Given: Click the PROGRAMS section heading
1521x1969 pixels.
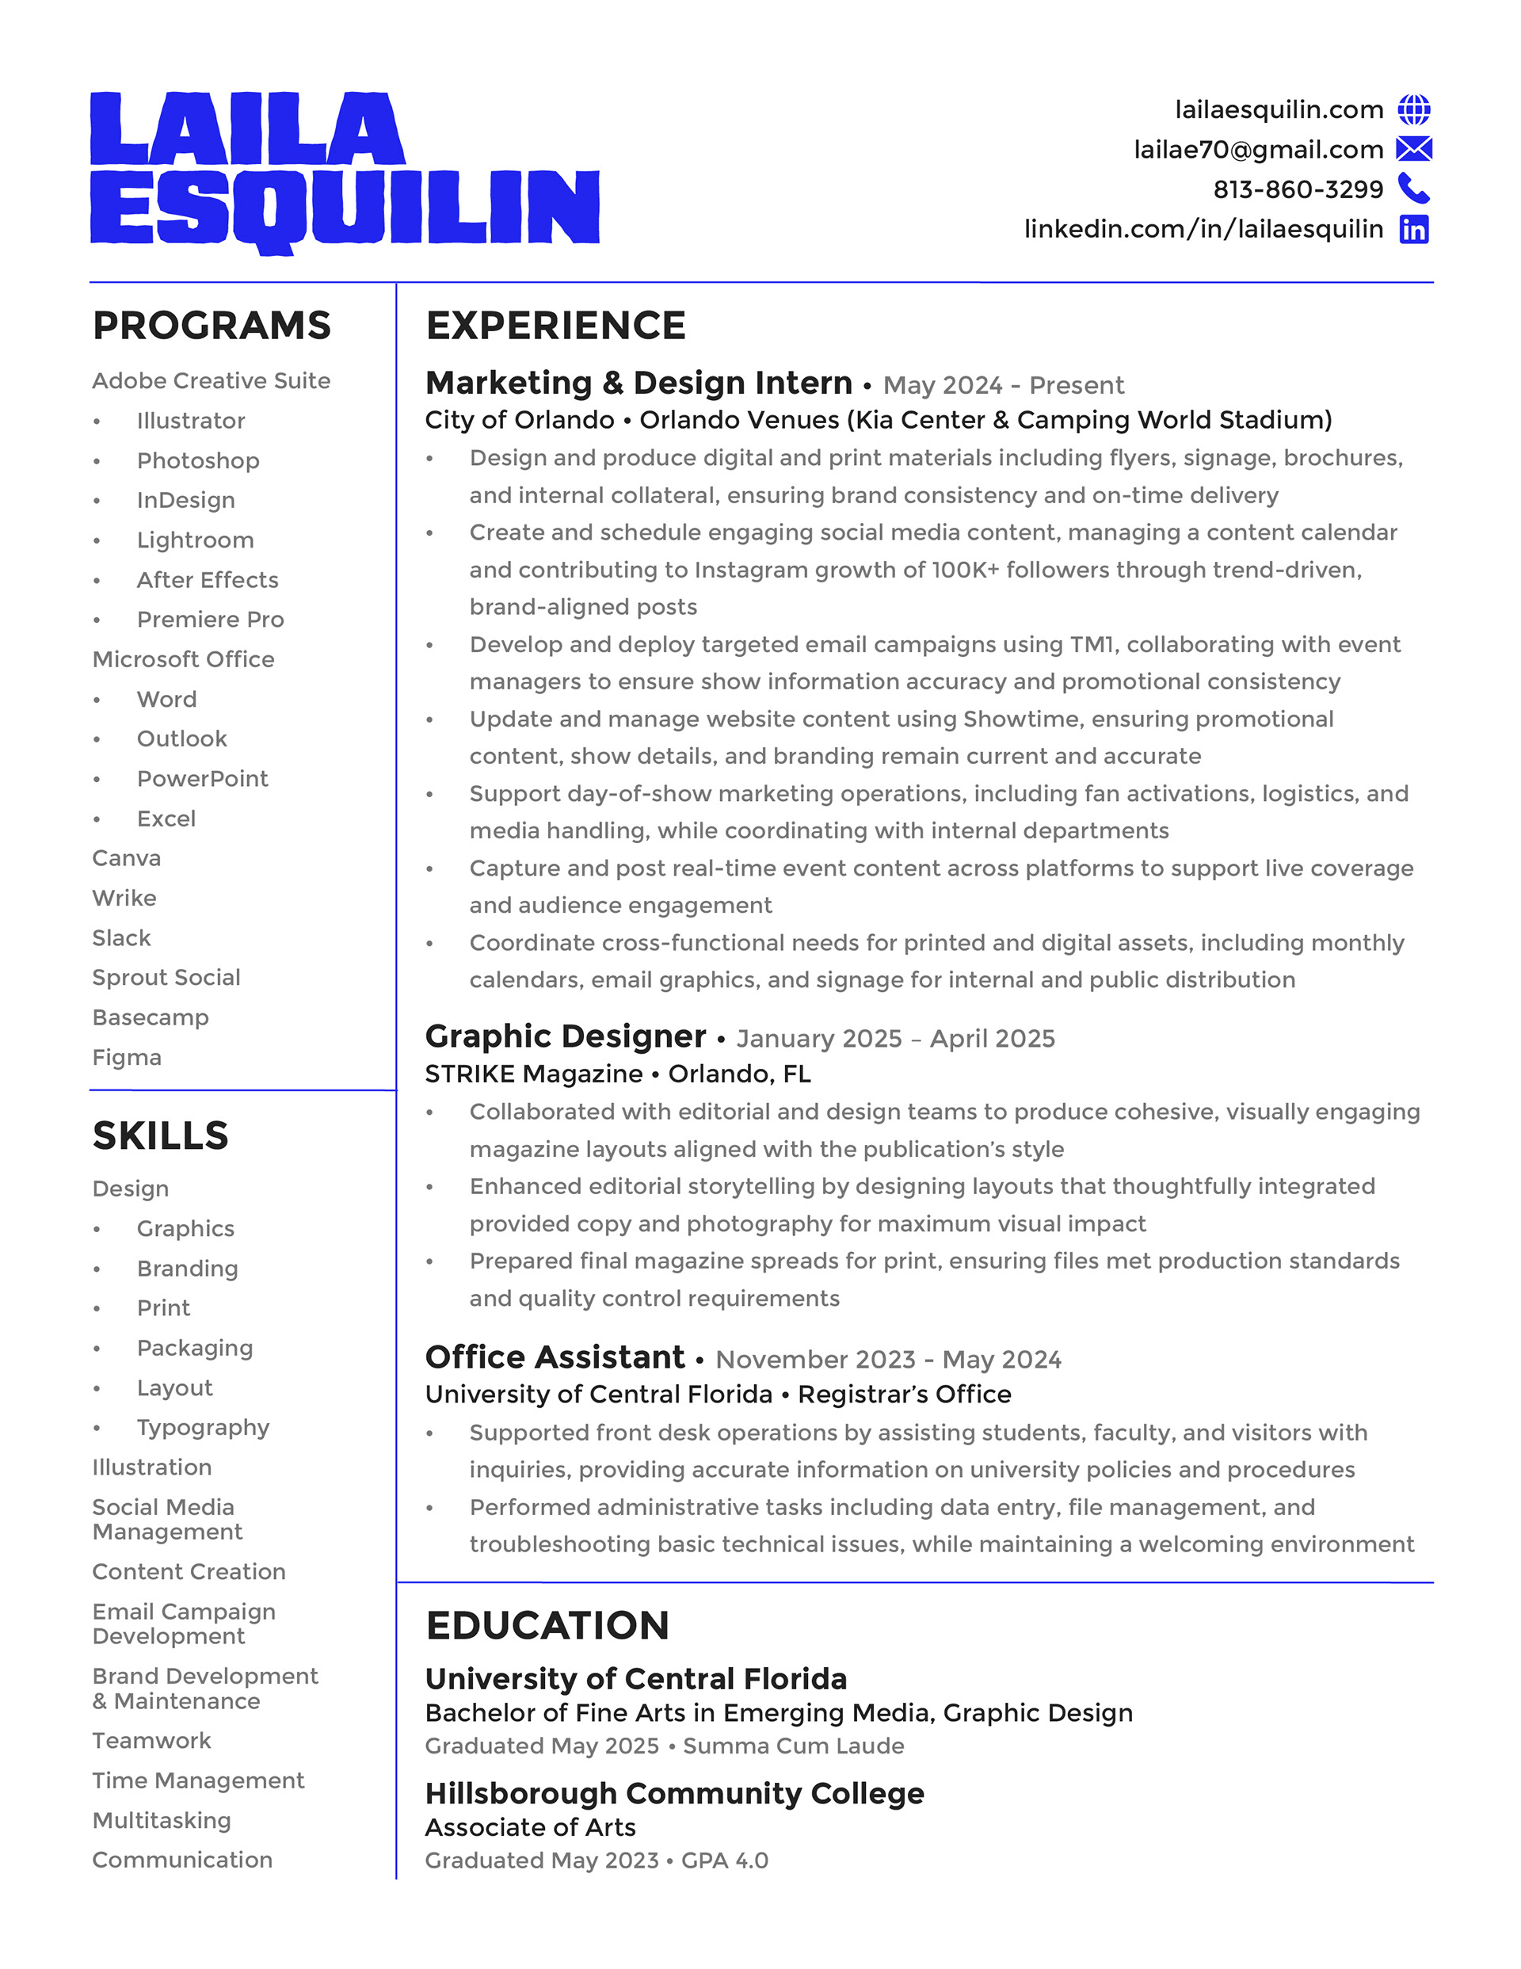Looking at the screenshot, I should click(212, 326).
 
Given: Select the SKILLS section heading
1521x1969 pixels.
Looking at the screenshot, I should click(161, 1135).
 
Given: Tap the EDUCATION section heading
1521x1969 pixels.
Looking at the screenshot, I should click(547, 1625).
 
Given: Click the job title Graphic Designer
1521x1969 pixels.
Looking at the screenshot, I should click(566, 1036).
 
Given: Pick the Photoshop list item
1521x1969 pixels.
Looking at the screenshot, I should click(198, 460).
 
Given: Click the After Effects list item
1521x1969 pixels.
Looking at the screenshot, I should click(208, 580).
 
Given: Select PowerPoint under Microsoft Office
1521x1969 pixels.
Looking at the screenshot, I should click(202, 779).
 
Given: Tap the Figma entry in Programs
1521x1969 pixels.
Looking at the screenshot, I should click(127, 1057).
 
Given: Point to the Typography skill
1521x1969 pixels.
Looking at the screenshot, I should click(203, 1427).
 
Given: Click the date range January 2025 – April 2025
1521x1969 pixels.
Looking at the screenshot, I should click(895, 1039).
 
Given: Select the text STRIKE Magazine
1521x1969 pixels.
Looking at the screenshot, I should click(534, 1074).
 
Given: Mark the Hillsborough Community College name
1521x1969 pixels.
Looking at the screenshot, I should click(674, 1793).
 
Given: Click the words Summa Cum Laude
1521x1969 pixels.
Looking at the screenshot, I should click(794, 1746).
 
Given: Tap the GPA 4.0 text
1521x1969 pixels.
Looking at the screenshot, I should click(724, 1860).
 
